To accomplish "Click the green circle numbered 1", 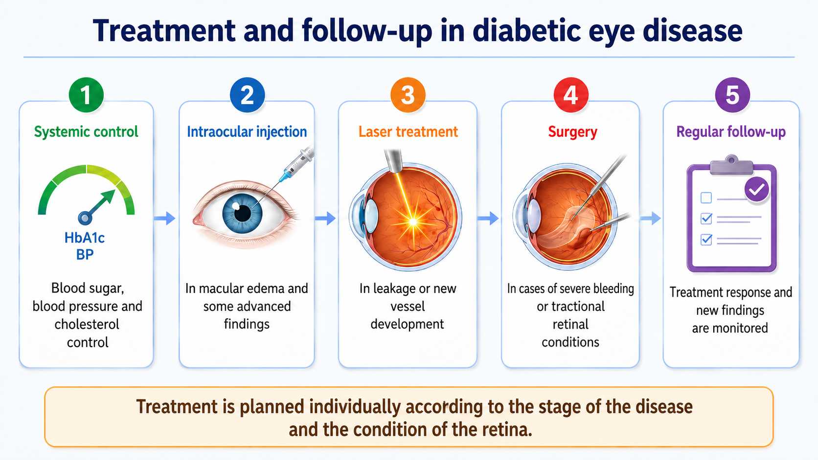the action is pyautogui.click(x=86, y=95).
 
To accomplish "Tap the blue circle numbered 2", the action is pyautogui.click(x=247, y=95).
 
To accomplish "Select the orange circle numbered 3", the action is pyautogui.click(x=408, y=95).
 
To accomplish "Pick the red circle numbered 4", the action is pyautogui.click(x=571, y=95).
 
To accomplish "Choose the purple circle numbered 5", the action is pyautogui.click(x=732, y=95).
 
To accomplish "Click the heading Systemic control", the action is pyautogui.click(x=86, y=131).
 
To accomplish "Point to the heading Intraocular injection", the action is pyautogui.click(x=247, y=131).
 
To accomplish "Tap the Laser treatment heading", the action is pyautogui.click(x=408, y=131).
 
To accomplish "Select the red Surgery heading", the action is pyautogui.click(x=572, y=132).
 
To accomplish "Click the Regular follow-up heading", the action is pyautogui.click(x=731, y=132).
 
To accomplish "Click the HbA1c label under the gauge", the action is pyautogui.click(x=85, y=238).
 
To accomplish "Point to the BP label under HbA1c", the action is pyautogui.click(x=85, y=254).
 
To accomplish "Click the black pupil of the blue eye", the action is pyautogui.click(x=242, y=213).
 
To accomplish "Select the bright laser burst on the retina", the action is pyautogui.click(x=413, y=221).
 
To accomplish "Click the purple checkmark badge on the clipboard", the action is pyautogui.click(x=757, y=189).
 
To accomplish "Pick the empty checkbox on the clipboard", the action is pyautogui.click(x=706, y=197).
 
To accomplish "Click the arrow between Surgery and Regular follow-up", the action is pyautogui.click(x=650, y=219).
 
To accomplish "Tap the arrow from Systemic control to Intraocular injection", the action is pyautogui.click(x=165, y=219).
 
